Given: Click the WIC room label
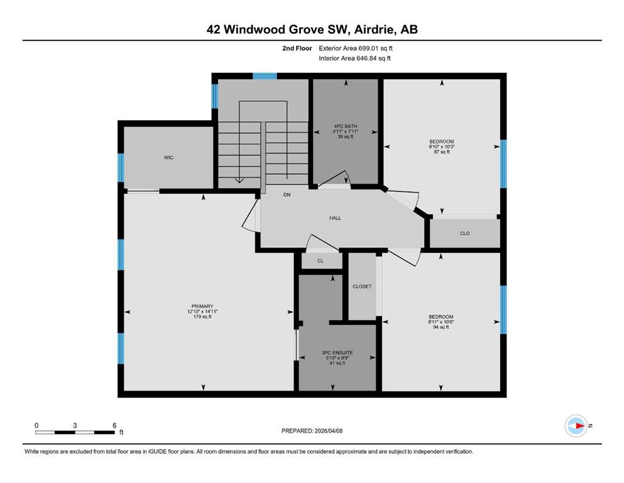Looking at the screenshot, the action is point(168,158).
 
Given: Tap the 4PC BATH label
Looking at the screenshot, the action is point(345,126).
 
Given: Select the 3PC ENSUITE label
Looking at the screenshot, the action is point(337,353).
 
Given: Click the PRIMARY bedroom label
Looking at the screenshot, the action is point(202,306).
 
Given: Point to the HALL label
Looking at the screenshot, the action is point(335,218).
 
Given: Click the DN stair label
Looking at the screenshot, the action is point(287,195).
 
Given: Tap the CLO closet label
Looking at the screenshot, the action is point(465,233).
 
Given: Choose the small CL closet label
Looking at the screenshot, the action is point(320,261).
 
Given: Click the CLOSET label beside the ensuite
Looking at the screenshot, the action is point(362,286).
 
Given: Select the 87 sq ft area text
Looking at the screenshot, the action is point(442,152).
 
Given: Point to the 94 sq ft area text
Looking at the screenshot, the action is point(441,327).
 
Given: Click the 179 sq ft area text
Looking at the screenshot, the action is point(202,316).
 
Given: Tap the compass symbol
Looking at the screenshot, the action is point(576,426).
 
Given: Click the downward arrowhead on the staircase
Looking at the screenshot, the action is point(239,180).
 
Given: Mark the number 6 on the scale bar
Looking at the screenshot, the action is point(114,425).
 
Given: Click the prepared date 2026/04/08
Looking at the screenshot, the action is point(328,431).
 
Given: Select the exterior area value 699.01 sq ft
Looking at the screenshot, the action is point(376,48).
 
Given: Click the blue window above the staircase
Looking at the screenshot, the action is point(265,76).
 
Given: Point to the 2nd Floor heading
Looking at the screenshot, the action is point(297,48).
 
